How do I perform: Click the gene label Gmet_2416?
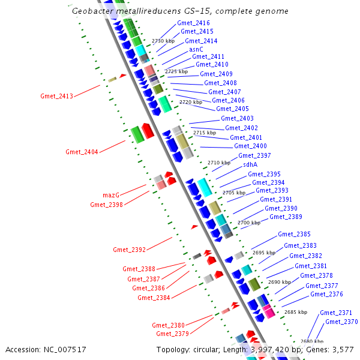pos(193,23)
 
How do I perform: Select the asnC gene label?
pos(196,49)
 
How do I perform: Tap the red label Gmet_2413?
pos(56,96)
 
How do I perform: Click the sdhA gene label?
pos(250,164)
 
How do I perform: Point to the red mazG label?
pos(111,195)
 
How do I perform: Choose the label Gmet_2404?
pos(82,152)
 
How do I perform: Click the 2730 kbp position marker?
pos(163,41)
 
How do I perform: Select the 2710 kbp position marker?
pos(218,163)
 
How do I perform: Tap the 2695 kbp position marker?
pos(263,253)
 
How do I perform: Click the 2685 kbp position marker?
pos(295,312)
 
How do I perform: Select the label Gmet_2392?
pos(129,250)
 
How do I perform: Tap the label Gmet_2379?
pos(172,334)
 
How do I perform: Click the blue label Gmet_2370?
pos(341,322)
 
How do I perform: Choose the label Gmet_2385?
pos(294,234)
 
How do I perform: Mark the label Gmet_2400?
pos(250,146)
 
